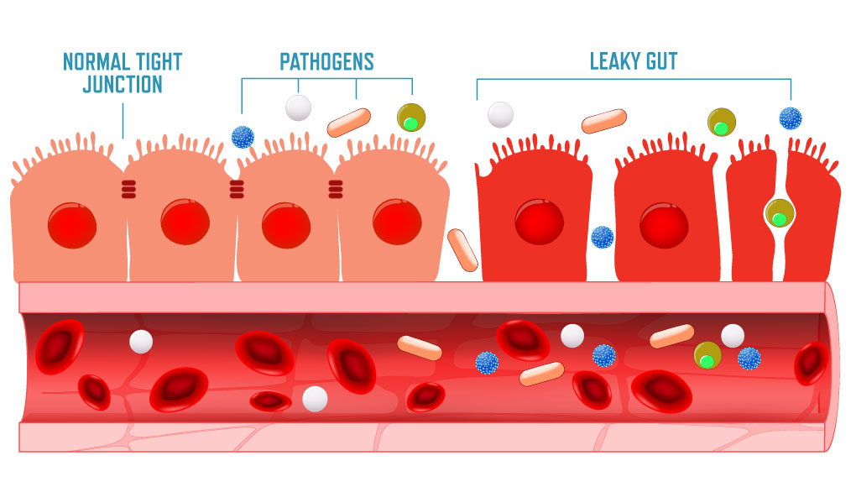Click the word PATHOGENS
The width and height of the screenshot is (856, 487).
coord(326,61)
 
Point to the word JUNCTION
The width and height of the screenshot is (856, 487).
coord(123,85)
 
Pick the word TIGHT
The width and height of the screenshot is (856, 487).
coord(159,61)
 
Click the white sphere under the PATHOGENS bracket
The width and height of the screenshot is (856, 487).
coord(299,107)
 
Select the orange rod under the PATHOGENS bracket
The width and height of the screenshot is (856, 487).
coord(348,123)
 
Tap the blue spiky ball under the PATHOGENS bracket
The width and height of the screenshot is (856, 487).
coord(243,137)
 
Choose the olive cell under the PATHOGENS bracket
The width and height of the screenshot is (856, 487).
coord(411,118)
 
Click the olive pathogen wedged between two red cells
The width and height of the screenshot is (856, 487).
coord(780,213)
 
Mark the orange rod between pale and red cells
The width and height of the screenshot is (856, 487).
coord(462,249)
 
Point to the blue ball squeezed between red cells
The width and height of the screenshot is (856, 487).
coord(602,237)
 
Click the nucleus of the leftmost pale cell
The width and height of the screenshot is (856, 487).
coord(72,225)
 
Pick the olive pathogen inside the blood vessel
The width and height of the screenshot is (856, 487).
coord(707,355)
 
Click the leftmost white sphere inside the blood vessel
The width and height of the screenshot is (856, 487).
coord(141,341)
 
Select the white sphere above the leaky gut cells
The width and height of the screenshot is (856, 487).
coord(500,114)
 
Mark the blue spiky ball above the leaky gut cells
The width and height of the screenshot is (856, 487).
coord(790,118)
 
